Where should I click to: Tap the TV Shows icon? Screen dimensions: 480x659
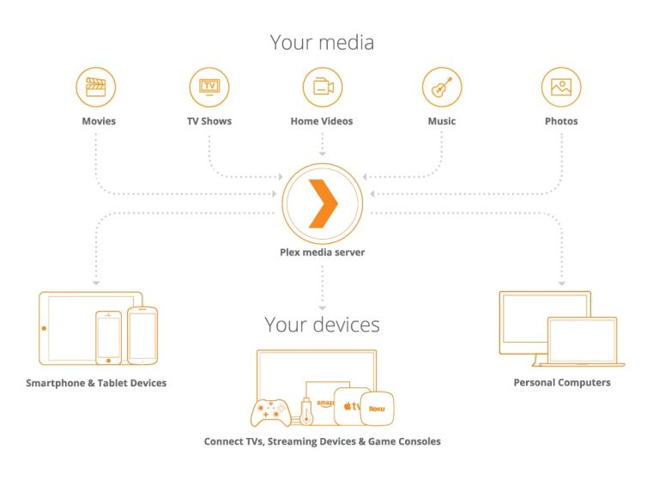(x=209, y=87)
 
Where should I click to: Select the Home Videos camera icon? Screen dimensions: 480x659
(x=322, y=87)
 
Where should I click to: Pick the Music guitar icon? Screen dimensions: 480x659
(x=441, y=87)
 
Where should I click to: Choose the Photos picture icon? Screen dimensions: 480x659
(x=561, y=87)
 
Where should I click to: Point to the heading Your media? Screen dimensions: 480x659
(x=322, y=41)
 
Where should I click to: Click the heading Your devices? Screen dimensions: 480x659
(x=322, y=325)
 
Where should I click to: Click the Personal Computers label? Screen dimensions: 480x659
(x=562, y=382)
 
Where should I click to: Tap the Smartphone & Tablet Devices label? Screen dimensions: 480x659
(x=96, y=382)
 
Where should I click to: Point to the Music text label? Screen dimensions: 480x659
(x=441, y=121)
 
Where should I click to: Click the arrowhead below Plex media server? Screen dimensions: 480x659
(x=322, y=305)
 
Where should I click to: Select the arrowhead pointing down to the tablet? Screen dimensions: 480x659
(x=96, y=282)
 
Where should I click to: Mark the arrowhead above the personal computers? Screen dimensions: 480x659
(x=562, y=282)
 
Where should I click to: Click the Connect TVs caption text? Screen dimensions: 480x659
(x=322, y=441)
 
